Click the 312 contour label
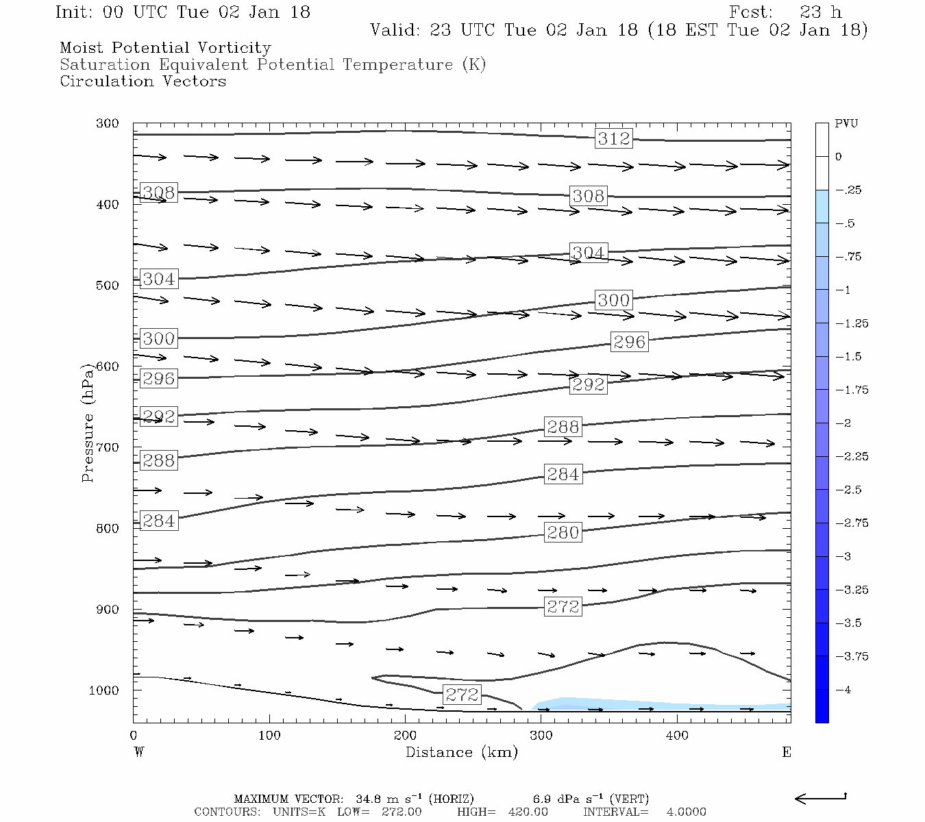(x=613, y=138)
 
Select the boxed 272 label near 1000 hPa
(x=462, y=695)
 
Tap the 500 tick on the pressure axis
(x=108, y=286)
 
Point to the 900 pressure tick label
(x=108, y=610)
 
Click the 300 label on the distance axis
(x=541, y=736)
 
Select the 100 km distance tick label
(x=269, y=736)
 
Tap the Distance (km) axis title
(x=462, y=752)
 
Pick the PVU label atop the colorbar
(x=846, y=124)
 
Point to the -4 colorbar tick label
(x=846, y=690)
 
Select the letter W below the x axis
(x=139, y=752)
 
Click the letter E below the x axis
(x=786, y=752)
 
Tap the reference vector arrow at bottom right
(x=820, y=798)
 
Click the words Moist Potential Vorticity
(x=165, y=48)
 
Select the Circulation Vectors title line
(x=143, y=81)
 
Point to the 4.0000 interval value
(x=686, y=812)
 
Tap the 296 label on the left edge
(x=158, y=378)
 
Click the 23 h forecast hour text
(x=820, y=12)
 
